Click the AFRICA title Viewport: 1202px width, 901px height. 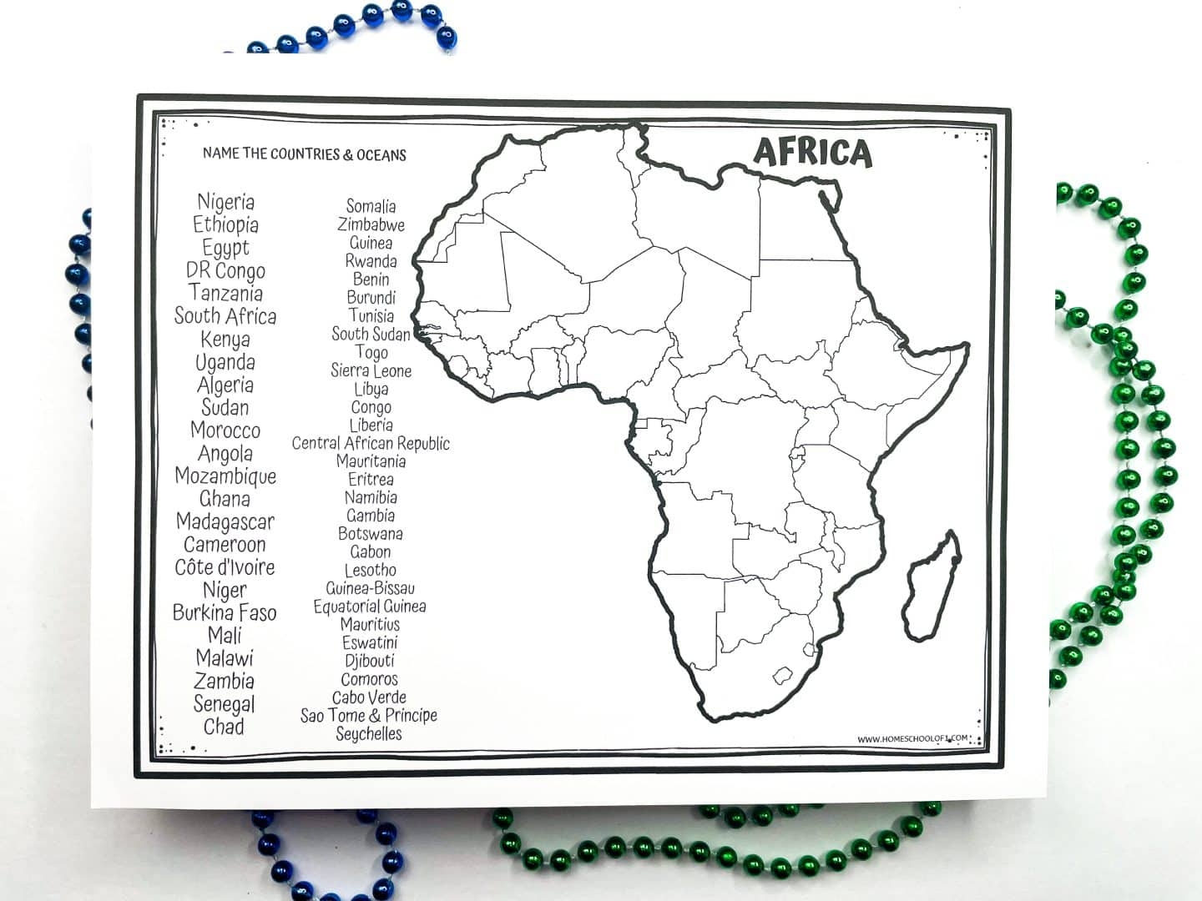(x=812, y=153)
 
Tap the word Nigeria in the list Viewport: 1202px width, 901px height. (x=225, y=202)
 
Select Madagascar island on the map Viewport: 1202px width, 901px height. (x=931, y=588)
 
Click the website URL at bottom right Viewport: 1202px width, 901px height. (x=912, y=738)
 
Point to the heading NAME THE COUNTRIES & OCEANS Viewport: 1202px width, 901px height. (x=304, y=154)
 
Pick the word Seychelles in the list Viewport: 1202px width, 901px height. (x=369, y=734)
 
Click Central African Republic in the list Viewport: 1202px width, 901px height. (x=371, y=443)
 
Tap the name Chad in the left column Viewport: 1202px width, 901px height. (x=224, y=727)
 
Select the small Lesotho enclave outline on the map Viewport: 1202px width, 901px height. (x=783, y=674)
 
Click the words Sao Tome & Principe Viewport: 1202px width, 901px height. (x=369, y=716)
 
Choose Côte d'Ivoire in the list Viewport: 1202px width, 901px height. (x=225, y=567)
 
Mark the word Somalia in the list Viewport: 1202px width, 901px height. (x=371, y=206)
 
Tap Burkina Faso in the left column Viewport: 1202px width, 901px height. (x=225, y=613)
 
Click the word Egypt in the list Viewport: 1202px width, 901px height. (x=225, y=248)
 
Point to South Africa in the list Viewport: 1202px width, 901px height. (x=225, y=316)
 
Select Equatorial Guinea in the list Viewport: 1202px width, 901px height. (x=370, y=607)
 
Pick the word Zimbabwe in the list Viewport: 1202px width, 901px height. (x=371, y=224)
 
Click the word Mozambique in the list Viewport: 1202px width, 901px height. (x=225, y=476)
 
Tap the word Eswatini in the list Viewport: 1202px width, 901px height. (x=370, y=642)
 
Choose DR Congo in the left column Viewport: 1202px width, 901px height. (x=225, y=271)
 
